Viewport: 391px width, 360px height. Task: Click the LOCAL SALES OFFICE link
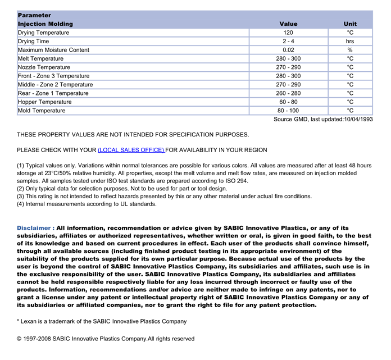[x=131, y=151]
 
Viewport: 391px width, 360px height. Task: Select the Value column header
[x=288, y=24]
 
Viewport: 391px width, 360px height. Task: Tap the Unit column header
[x=350, y=24]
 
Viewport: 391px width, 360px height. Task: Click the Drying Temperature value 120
[x=288, y=33]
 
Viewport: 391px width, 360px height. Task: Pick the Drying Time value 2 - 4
[x=288, y=42]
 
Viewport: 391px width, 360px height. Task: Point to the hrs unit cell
[x=350, y=42]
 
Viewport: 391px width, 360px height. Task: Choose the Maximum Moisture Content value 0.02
[x=288, y=50]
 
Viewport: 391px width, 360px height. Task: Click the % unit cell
[x=350, y=50]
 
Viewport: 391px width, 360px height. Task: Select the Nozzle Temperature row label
[x=44, y=67]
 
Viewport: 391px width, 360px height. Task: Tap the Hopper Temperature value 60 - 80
[x=288, y=102]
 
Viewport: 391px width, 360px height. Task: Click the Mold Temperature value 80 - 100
[x=288, y=111]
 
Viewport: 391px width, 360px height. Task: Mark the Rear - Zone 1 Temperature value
[x=288, y=93]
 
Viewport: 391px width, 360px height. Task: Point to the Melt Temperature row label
[x=40, y=59]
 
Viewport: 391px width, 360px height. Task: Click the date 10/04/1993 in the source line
[x=358, y=119]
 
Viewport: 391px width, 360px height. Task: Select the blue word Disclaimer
[x=34, y=228]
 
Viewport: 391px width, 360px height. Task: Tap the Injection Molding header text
[x=46, y=24]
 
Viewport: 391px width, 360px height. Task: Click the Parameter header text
[x=34, y=15]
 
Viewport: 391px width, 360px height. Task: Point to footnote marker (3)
[x=21, y=197]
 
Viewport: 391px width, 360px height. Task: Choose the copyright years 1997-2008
[x=39, y=339]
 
